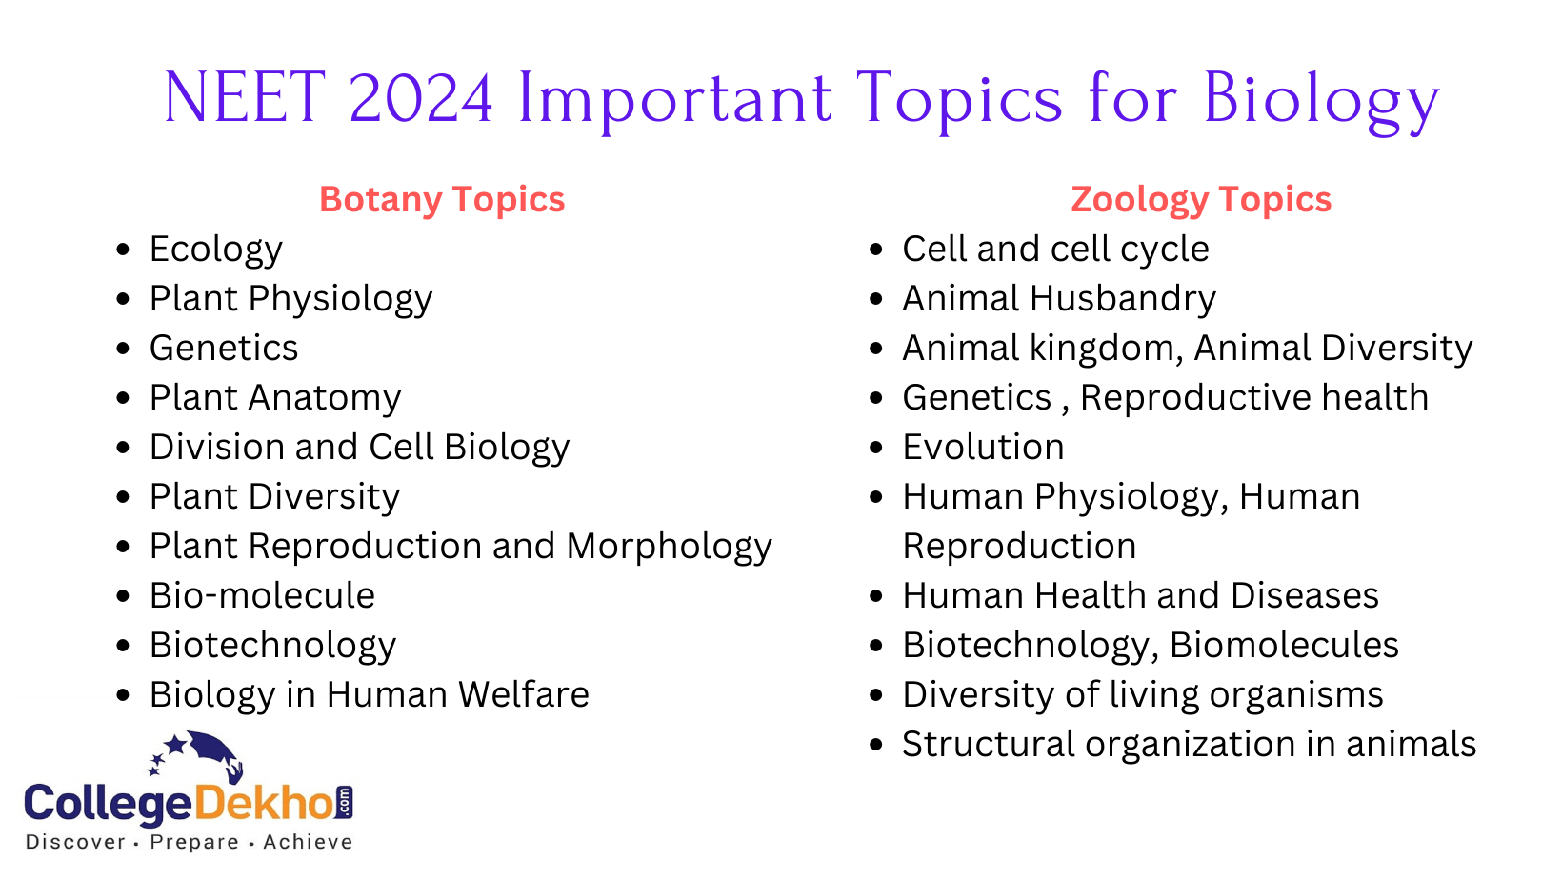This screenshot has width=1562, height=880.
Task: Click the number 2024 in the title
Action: click(421, 98)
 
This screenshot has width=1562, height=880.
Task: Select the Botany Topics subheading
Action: click(442, 199)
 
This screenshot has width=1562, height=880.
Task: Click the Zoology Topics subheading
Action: click(1201, 199)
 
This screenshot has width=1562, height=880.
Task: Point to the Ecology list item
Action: click(216, 250)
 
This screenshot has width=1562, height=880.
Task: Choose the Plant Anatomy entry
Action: click(275, 398)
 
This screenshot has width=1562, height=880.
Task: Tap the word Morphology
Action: click(670, 547)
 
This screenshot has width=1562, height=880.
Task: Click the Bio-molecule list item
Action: click(262, 595)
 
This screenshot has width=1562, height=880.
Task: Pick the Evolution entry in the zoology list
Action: click(983, 447)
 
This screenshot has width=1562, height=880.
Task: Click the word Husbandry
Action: click(1123, 298)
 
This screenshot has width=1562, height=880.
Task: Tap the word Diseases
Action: click(1305, 595)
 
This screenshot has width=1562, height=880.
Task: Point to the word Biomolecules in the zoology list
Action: click(1285, 645)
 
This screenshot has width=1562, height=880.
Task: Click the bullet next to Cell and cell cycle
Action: click(876, 250)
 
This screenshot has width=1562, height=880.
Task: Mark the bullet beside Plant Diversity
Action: click(124, 497)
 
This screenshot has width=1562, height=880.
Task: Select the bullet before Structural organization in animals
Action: click(876, 745)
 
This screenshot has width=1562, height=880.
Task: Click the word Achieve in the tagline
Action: click(308, 842)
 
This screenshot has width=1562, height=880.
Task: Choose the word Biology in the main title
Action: click(1321, 101)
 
